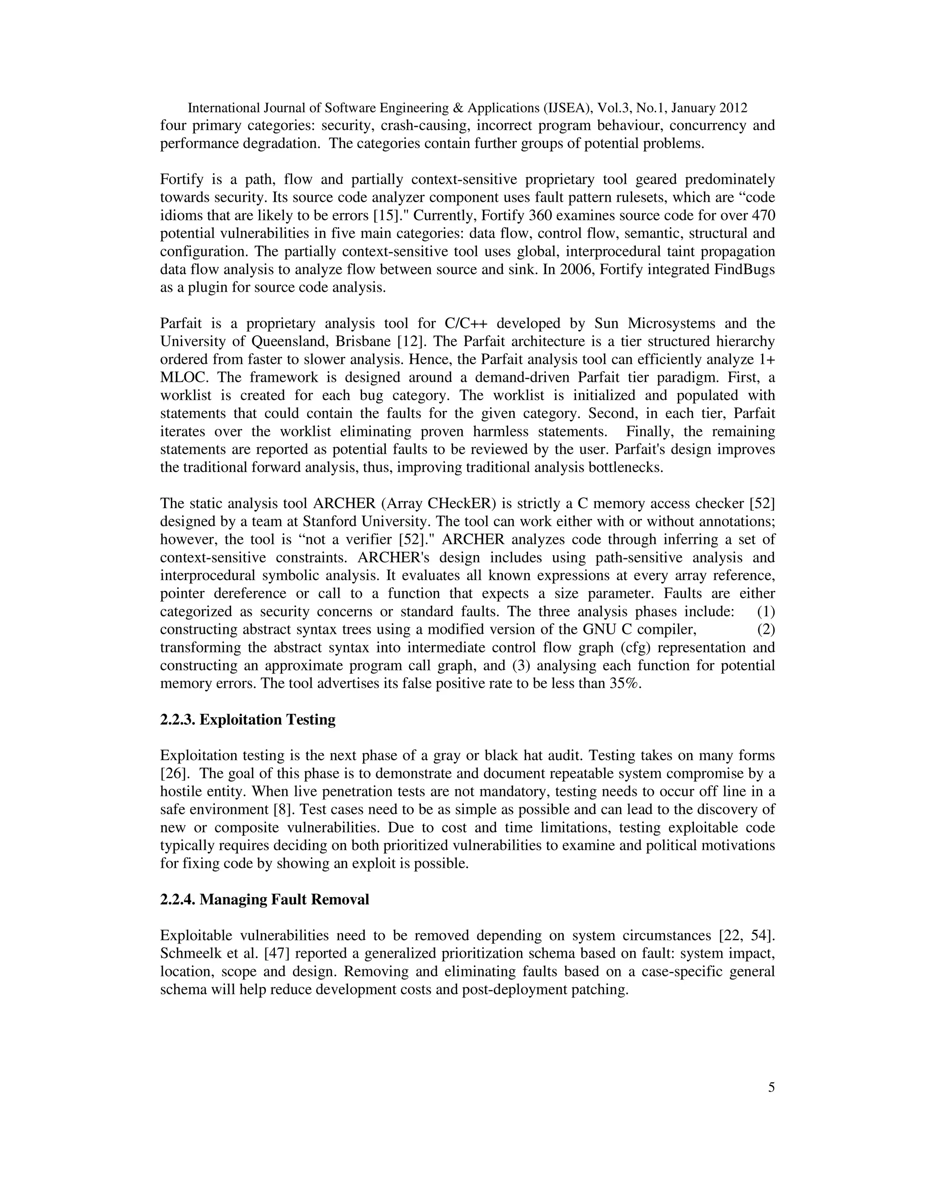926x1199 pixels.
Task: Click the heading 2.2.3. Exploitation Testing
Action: pos(247,719)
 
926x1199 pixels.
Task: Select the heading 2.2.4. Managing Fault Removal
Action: pos(265,899)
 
